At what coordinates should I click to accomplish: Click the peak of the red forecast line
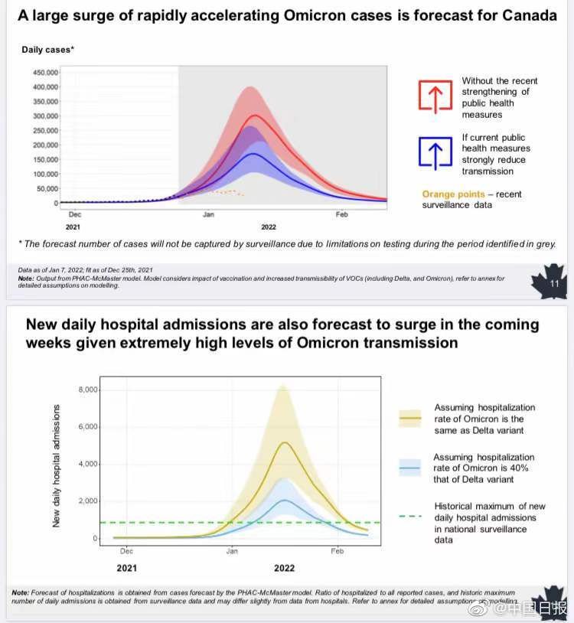click(253, 116)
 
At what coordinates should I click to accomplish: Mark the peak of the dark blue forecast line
click(253, 154)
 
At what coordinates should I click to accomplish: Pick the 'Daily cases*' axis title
click(47, 50)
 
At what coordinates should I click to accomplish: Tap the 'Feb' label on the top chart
click(341, 215)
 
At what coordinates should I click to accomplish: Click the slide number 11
click(554, 285)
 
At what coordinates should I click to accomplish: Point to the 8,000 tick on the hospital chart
click(88, 390)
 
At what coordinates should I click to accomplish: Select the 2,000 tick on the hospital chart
click(88, 501)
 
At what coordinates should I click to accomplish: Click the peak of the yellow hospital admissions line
click(284, 442)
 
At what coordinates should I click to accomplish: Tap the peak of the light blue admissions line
click(284, 500)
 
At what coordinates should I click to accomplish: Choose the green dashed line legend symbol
click(410, 517)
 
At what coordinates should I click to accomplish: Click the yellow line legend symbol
click(410, 419)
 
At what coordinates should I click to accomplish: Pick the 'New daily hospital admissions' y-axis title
click(57, 465)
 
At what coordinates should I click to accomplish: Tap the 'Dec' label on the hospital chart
click(127, 551)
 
